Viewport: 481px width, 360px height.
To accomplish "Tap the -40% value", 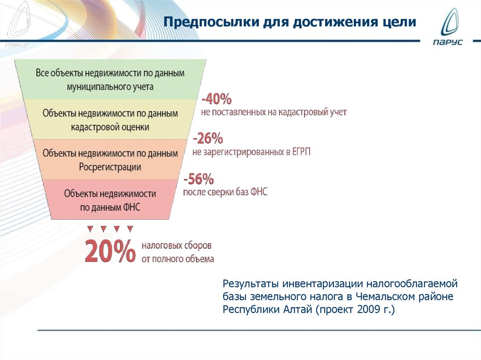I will [x=217, y=100].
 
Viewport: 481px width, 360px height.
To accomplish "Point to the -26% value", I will [x=207, y=139].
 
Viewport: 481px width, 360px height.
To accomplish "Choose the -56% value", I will [x=199, y=179].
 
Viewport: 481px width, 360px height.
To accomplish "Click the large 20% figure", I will [x=110, y=252].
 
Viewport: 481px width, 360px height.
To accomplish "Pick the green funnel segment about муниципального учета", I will [x=110, y=80].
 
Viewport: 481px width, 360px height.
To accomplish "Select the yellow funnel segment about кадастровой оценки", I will [x=110, y=120].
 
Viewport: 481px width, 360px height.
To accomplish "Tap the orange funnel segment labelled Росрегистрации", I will [x=110, y=160].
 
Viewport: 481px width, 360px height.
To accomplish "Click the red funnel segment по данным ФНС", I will [x=110, y=199].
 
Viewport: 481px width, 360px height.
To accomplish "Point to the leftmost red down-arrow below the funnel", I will [x=90, y=229].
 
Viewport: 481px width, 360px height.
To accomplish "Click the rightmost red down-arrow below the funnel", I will [x=130, y=229].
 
